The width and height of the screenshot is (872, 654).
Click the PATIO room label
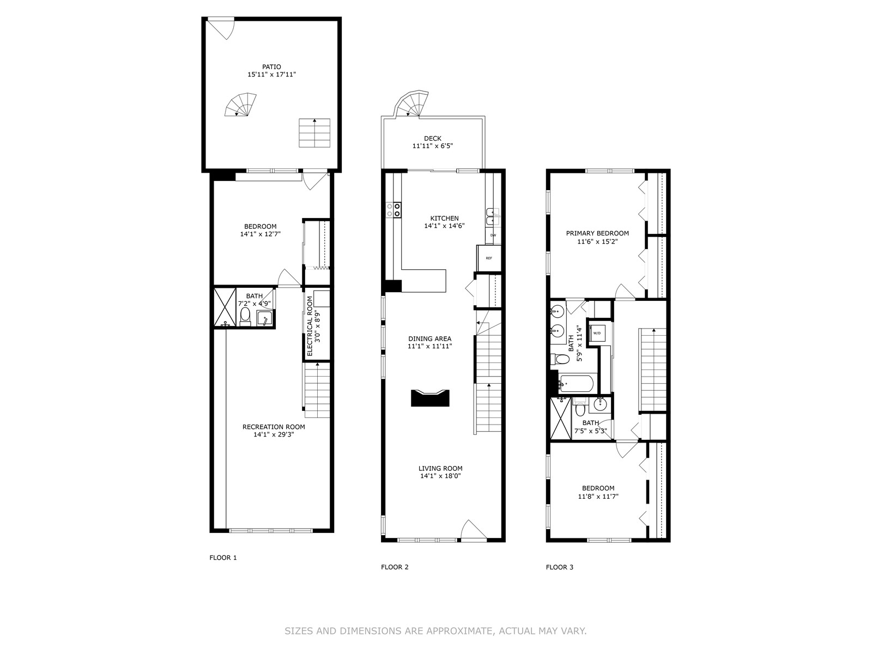[271, 66]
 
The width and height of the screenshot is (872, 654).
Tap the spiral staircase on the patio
[240, 105]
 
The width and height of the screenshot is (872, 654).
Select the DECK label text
[433, 138]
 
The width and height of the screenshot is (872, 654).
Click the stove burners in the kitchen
[393, 210]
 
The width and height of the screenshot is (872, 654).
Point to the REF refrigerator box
[489, 258]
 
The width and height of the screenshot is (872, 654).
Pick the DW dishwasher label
[493, 235]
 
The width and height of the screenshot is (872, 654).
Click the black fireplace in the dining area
[430, 398]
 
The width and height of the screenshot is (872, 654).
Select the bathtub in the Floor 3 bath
[576, 384]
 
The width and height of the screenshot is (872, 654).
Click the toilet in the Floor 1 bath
[245, 317]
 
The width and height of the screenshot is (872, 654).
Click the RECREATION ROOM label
[274, 427]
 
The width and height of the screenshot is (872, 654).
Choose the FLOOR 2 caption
[395, 567]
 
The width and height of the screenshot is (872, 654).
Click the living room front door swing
[474, 530]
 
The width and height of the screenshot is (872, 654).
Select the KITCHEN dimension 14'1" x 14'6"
[445, 226]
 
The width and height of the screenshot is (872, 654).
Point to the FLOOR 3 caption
[559, 567]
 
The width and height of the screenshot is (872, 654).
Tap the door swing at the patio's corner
[221, 28]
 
